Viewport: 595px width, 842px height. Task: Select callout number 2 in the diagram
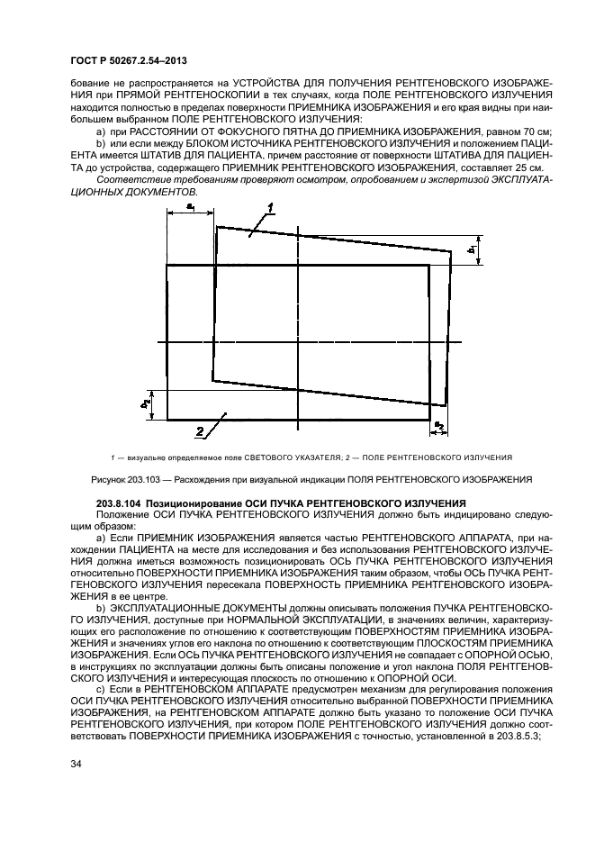point(202,429)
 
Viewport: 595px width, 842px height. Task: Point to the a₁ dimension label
point(192,206)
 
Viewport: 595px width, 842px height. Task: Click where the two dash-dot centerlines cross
point(298,342)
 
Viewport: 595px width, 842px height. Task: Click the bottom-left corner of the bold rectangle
point(167,419)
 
